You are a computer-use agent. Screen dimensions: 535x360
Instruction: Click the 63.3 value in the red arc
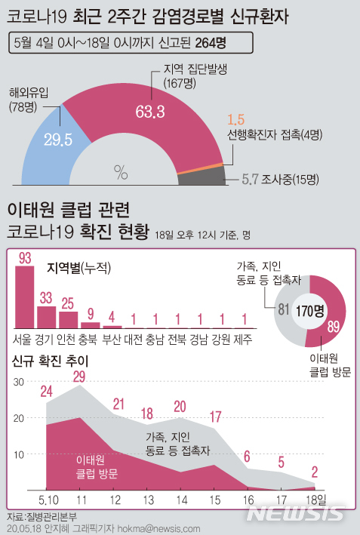[150, 113]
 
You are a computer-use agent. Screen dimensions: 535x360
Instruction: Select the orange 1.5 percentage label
[235, 120]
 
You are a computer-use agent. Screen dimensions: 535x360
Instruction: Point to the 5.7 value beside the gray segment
[250, 179]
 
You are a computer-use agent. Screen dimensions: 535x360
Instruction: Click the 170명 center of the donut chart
[309, 311]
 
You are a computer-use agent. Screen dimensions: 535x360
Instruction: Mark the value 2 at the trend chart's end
[314, 472]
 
